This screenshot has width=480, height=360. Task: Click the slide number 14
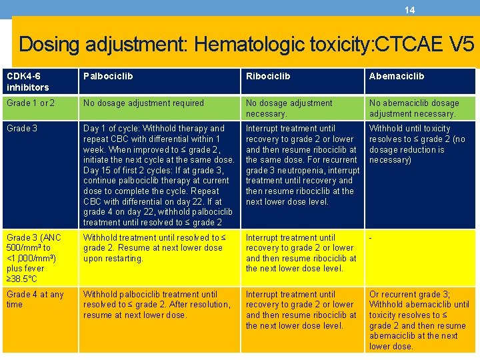(410, 10)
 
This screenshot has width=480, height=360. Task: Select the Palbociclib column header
(108, 77)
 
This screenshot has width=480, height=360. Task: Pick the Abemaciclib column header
(397, 77)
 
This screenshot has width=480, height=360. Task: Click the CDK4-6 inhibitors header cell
(28, 82)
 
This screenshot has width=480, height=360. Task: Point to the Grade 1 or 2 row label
(31, 103)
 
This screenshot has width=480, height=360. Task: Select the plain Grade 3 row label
(21, 129)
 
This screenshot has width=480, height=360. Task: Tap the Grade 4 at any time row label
(35, 299)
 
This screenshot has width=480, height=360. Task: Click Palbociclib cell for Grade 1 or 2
(143, 103)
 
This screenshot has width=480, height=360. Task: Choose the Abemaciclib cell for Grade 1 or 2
(414, 109)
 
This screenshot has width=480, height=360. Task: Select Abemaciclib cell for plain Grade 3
(417, 144)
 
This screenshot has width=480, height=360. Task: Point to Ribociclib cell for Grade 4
(301, 310)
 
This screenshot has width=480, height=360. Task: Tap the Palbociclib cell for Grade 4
(157, 305)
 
